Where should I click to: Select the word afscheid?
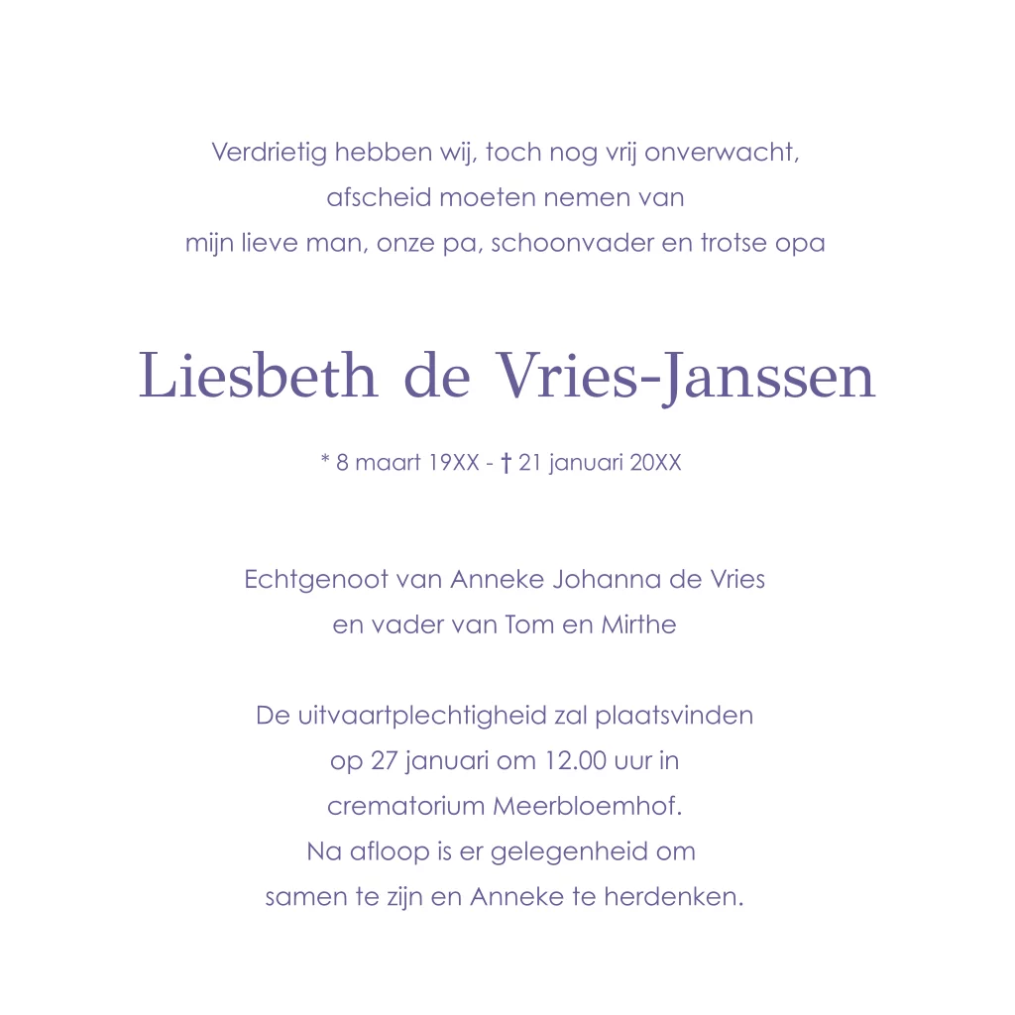tap(379, 197)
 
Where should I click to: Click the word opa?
tap(800, 244)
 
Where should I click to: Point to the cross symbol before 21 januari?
tap(506, 463)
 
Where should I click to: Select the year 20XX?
tap(656, 463)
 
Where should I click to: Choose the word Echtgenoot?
tap(316, 580)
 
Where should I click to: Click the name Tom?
tap(528, 625)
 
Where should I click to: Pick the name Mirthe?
tap(638, 625)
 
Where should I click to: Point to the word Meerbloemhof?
tap(587, 807)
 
